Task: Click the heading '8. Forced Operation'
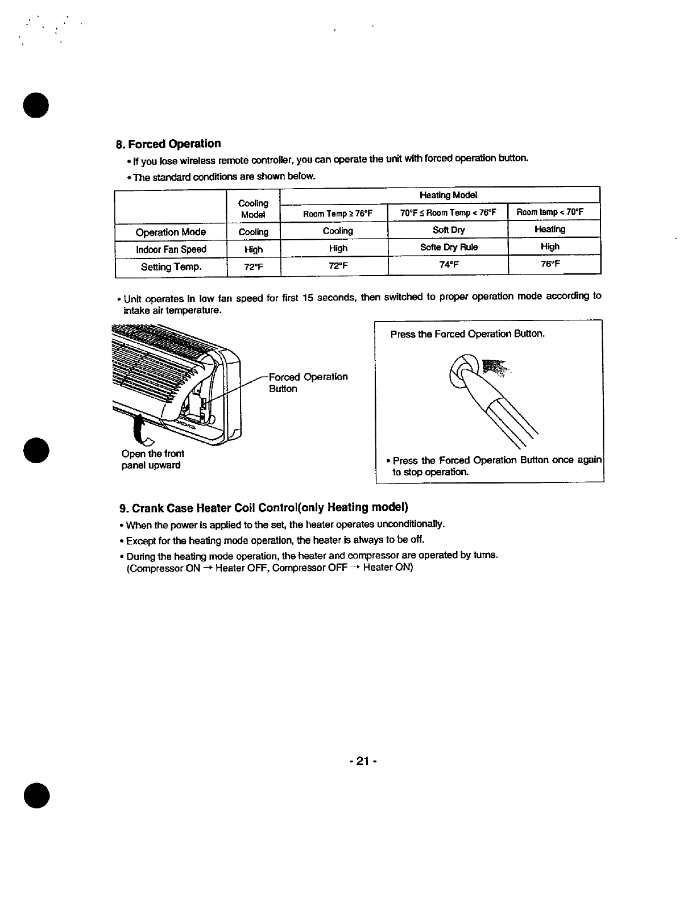pyautogui.click(x=168, y=144)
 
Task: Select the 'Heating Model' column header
pyautogui.click(x=448, y=195)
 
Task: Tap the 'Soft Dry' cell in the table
pyautogui.click(x=448, y=230)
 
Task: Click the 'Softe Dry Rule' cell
pyautogui.click(x=448, y=247)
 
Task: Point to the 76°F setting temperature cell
pyautogui.click(x=550, y=264)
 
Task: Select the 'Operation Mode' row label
pyautogui.click(x=171, y=232)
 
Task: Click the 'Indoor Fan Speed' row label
pyautogui.click(x=171, y=249)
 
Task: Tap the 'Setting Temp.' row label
pyautogui.click(x=171, y=266)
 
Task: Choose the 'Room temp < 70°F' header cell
pyautogui.click(x=550, y=213)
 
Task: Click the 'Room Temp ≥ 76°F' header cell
pyautogui.click(x=338, y=214)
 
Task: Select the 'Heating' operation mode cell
pyautogui.click(x=550, y=229)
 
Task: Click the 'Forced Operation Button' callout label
pyautogui.click(x=308, y=383)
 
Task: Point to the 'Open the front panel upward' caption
pyautogui.click(x=152, y=460)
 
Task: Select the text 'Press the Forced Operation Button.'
pyautogui.click(x=467, y=334)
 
